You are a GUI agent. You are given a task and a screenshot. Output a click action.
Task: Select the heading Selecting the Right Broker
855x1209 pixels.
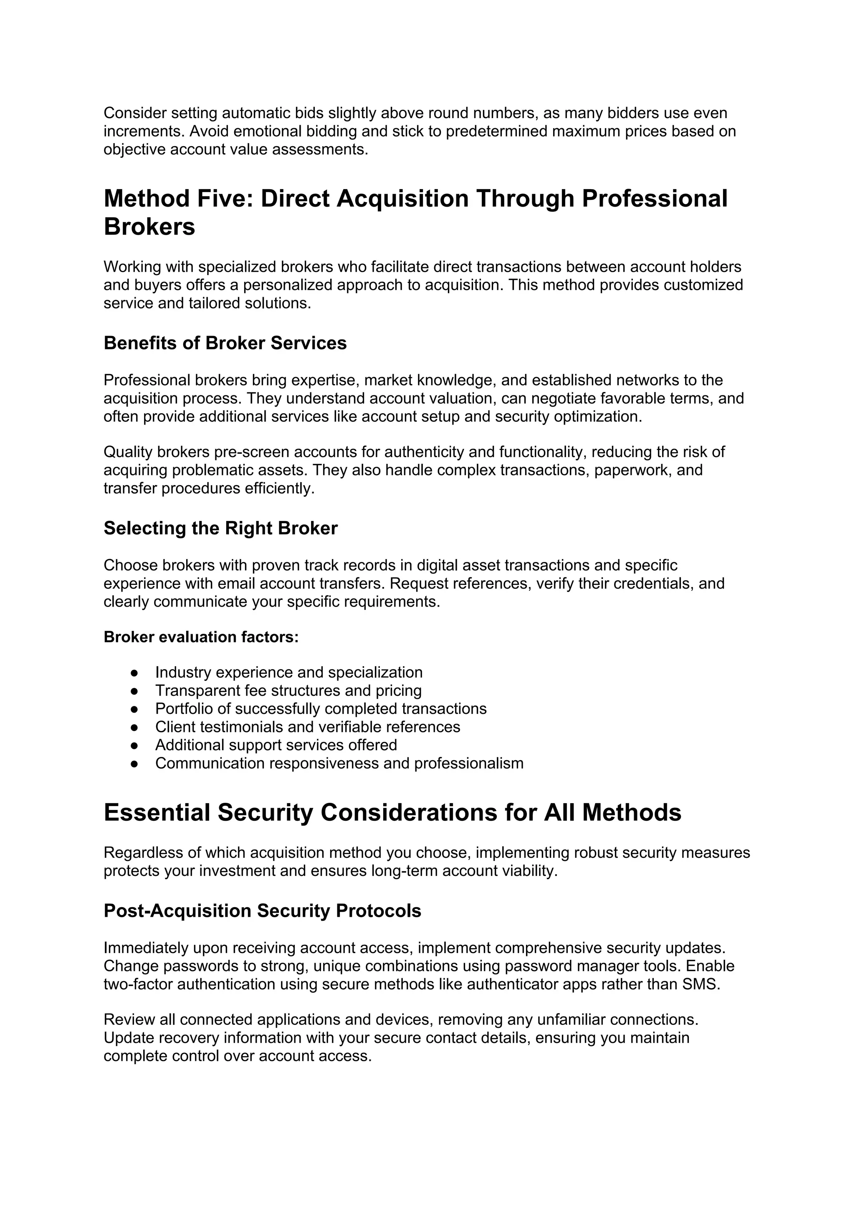click(220, 528)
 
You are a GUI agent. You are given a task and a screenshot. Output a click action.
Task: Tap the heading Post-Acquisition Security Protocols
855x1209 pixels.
click(262, 911)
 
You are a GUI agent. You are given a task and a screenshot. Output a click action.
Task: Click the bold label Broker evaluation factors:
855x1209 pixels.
click(201, 637)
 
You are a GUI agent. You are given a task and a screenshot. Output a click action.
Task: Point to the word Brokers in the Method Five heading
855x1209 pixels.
click(149, 227)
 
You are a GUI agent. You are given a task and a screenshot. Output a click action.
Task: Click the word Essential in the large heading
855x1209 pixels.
click(157, 812)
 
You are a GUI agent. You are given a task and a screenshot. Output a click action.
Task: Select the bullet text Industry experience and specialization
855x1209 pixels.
click(288, 673)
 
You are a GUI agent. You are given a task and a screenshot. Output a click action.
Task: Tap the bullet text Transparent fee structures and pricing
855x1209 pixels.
click(288, 690)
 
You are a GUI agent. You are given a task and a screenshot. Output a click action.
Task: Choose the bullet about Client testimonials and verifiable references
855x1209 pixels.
click(307, 727)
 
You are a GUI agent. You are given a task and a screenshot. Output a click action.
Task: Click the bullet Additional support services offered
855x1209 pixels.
click(276, 745)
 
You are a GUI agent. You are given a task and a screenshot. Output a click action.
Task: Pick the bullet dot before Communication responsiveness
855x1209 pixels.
click(134, 764)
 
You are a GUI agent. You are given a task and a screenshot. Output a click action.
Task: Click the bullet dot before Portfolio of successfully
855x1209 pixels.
click(134, 709)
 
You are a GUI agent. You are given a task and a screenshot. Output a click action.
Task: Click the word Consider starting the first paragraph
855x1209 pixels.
click(135, 113)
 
